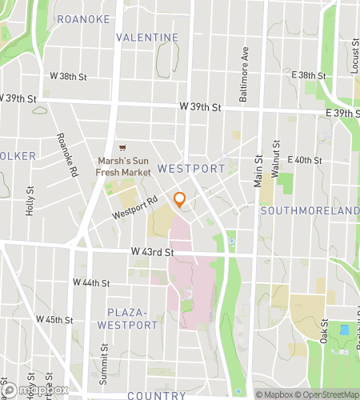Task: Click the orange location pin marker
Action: (x=180, y=200)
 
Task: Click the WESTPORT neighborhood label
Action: (x=191, y=169)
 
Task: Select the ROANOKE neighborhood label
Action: (x=83, y=19)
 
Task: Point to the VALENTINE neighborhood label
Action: (x=146, y=38)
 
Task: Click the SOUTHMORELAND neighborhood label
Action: (x=310, y=210)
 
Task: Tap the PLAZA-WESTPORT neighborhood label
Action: (x=128, y=319)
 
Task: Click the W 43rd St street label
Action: (x=152, y=253)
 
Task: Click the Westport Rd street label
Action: (x=131, y=210)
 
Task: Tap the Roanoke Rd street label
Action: (x=67, y=154)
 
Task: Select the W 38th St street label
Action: (x=67, y=77)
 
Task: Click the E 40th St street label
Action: (x=304, y=160)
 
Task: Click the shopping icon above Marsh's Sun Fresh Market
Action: (x=122, y=148)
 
